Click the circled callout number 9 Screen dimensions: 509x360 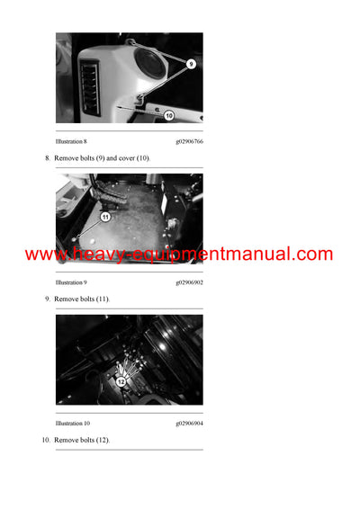click(x=191, y=64)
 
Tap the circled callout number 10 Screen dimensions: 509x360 click(x=168, y=115)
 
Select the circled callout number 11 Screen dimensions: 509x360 click(x=105, y=217)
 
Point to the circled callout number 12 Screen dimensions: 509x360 click(x=121, y=381)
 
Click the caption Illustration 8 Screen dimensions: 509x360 click(x=71, y=142)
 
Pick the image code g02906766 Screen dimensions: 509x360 click(x=189, y=142)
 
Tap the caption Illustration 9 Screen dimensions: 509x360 click(x=71, y=281)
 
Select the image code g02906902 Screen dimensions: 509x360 click(x=189, y=281)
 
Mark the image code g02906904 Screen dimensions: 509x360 click(x=189, y=423)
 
